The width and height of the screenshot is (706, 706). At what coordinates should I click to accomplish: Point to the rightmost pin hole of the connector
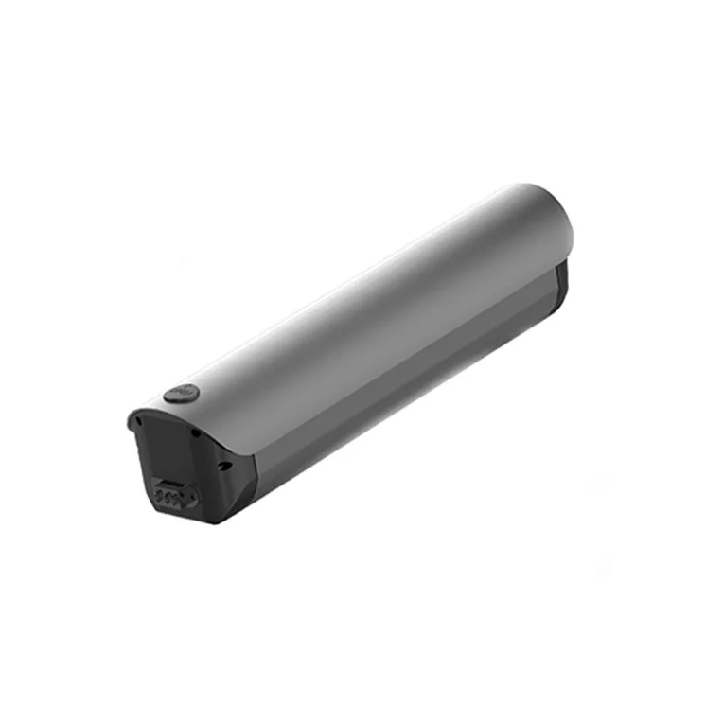tap(180, 499)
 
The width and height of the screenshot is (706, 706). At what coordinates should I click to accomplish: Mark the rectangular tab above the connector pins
tap(169, 482)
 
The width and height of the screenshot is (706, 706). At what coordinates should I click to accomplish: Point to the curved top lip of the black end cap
tap(180, 412)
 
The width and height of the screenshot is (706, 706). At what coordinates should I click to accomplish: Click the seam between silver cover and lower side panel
tap(397, 355)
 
